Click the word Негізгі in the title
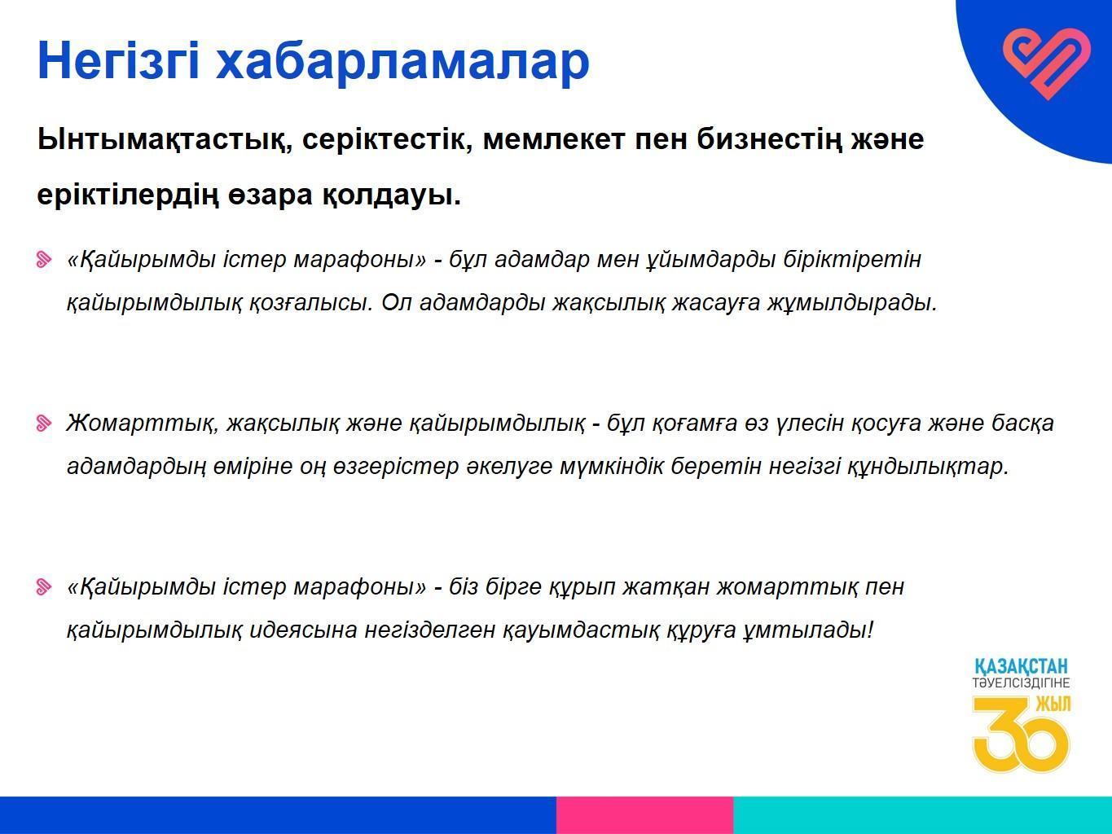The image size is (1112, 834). [x=118, y=61]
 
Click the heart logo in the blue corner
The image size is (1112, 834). [x=1047, y=64]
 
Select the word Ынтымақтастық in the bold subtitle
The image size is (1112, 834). [x=165, y=140]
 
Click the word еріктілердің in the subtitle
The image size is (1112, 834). [x=128, y=195]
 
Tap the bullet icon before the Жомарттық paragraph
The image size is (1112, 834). [x=44, y=424]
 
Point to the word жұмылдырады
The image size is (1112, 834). [x=853, y=303]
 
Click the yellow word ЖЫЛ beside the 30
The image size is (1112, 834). [x=1053, y=704]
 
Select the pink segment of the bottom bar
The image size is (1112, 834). [x=644, y=814]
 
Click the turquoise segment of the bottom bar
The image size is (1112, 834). [x=922, y=814]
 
